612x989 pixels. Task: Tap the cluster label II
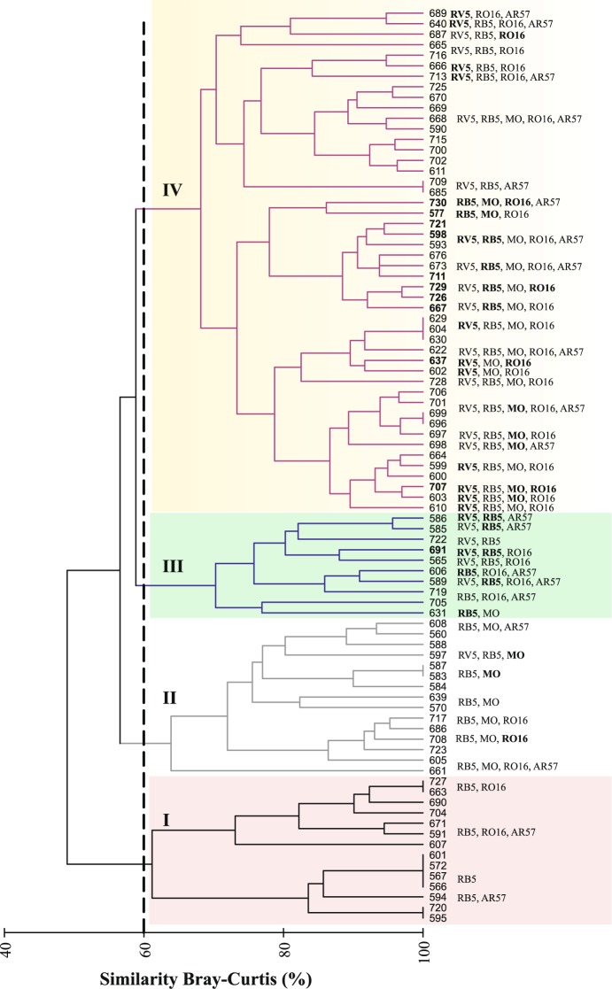pos(170,697)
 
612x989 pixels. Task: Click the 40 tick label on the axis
pos(8,954)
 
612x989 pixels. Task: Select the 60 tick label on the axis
pos(143,954)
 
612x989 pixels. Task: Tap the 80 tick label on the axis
pos(283,954)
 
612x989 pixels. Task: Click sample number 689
pos(438,14)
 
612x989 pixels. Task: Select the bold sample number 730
pos(438,203)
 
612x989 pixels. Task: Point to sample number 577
pos(438,214)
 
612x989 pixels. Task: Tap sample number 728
pos(438,382)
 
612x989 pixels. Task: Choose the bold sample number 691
pos(438,550)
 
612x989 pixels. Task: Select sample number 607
pos(438,843)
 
